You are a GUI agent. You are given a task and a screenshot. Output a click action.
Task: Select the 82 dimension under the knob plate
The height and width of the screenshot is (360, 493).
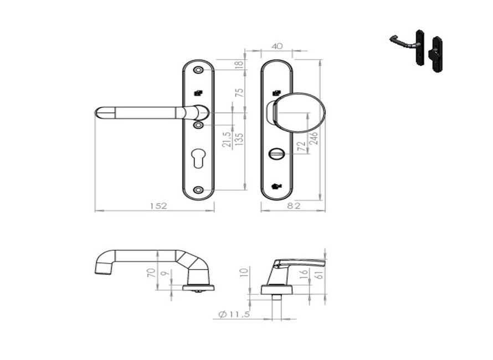(x=294, y=205)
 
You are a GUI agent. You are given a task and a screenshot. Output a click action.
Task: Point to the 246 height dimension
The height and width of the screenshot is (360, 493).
(x=314, y=137)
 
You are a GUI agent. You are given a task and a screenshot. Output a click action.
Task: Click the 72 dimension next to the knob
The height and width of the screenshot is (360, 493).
(x=301, y=146)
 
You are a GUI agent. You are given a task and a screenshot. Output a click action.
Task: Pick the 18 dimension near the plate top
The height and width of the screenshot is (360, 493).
(x=239, y=64)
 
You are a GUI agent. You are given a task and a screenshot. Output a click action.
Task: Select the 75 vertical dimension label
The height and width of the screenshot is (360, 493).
(x=239, y=93)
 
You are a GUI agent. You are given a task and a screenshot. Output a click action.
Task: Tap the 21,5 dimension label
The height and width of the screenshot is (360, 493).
(x=226, y=140)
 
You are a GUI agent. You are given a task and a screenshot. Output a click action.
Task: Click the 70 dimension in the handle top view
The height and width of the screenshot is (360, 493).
(x=150, y=272)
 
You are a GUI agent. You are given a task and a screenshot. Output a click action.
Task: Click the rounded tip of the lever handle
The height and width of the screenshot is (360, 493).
(x=98, y=112)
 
